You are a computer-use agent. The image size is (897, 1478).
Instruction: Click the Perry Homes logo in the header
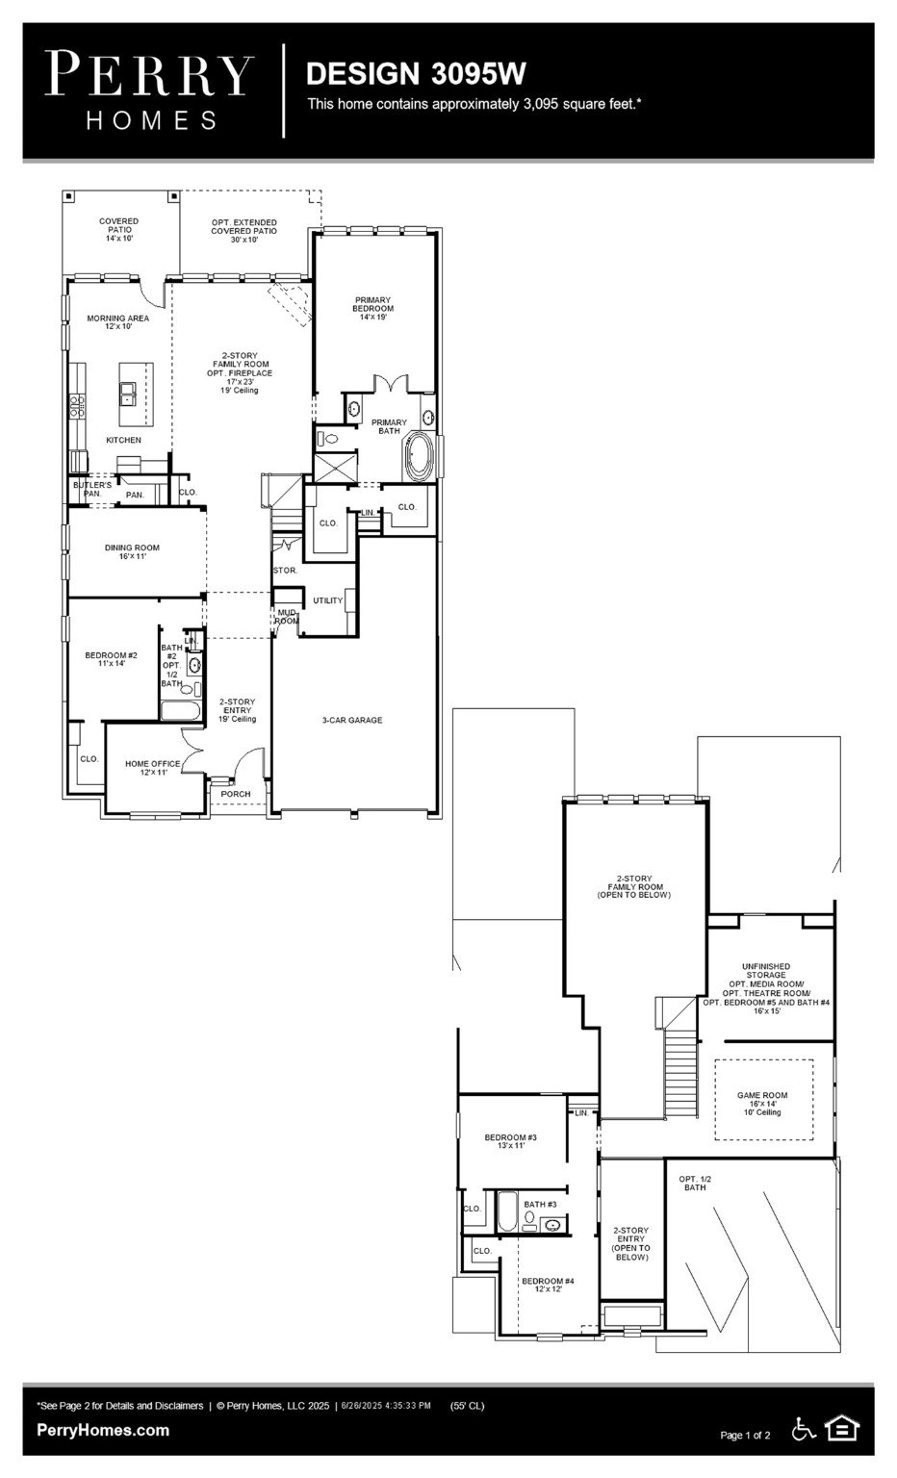click(x=150, y=90)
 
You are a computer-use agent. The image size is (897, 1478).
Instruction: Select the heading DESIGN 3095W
click(x=415, y=73)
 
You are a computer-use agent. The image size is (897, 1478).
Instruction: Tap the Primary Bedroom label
click(x=373, y=308)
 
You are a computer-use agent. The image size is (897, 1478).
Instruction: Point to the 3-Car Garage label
click(x=351, y=720)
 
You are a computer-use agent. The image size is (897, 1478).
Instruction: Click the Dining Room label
click(x=132, y=551)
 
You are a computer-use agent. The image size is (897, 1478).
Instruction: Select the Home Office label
click(x=152, y=767)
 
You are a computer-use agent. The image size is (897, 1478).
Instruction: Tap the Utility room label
click(x=327, y=600)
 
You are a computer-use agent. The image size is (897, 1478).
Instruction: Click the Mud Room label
click(x=287, y=616)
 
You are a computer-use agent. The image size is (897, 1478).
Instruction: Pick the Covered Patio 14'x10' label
click(x=119, y=229)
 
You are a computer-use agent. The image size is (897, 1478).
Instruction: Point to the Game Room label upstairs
click(x=762, y=1103)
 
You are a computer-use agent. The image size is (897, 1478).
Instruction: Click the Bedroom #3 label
click(x=510, y=1141)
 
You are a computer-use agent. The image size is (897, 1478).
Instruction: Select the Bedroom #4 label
click(x=548, y=1285)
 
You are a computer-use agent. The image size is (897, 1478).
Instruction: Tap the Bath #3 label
click(x=540, y=1204)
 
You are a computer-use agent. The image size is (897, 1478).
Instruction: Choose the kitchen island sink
click(x=128, y=392)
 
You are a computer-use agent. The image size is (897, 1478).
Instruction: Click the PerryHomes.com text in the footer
click(x=103, y=1430)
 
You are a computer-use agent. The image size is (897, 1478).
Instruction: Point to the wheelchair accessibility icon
click(x=803, y=1429)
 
